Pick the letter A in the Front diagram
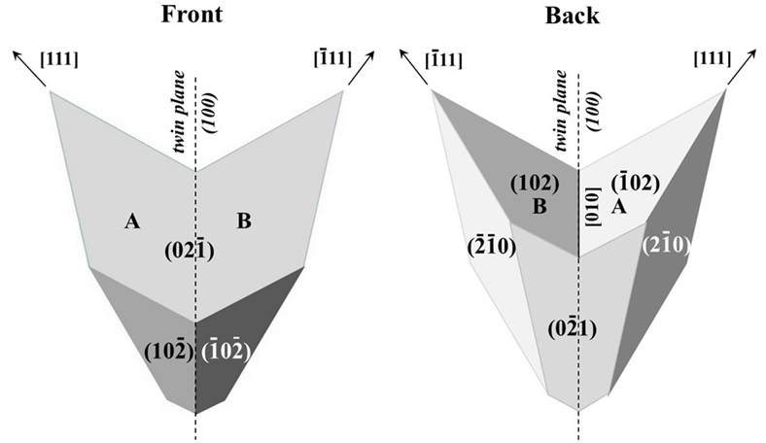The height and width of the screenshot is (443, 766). tap(131, 222)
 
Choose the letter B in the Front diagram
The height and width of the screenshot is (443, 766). tap(244, 222)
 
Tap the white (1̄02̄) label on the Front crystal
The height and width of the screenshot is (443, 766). tap(226, 351)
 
